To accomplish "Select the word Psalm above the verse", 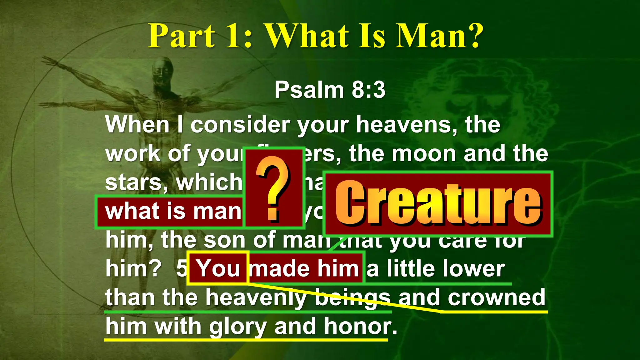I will (x=309, y=90).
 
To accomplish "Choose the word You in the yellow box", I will (x=218, y=269).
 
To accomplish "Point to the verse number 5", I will (x=181, y=269).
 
